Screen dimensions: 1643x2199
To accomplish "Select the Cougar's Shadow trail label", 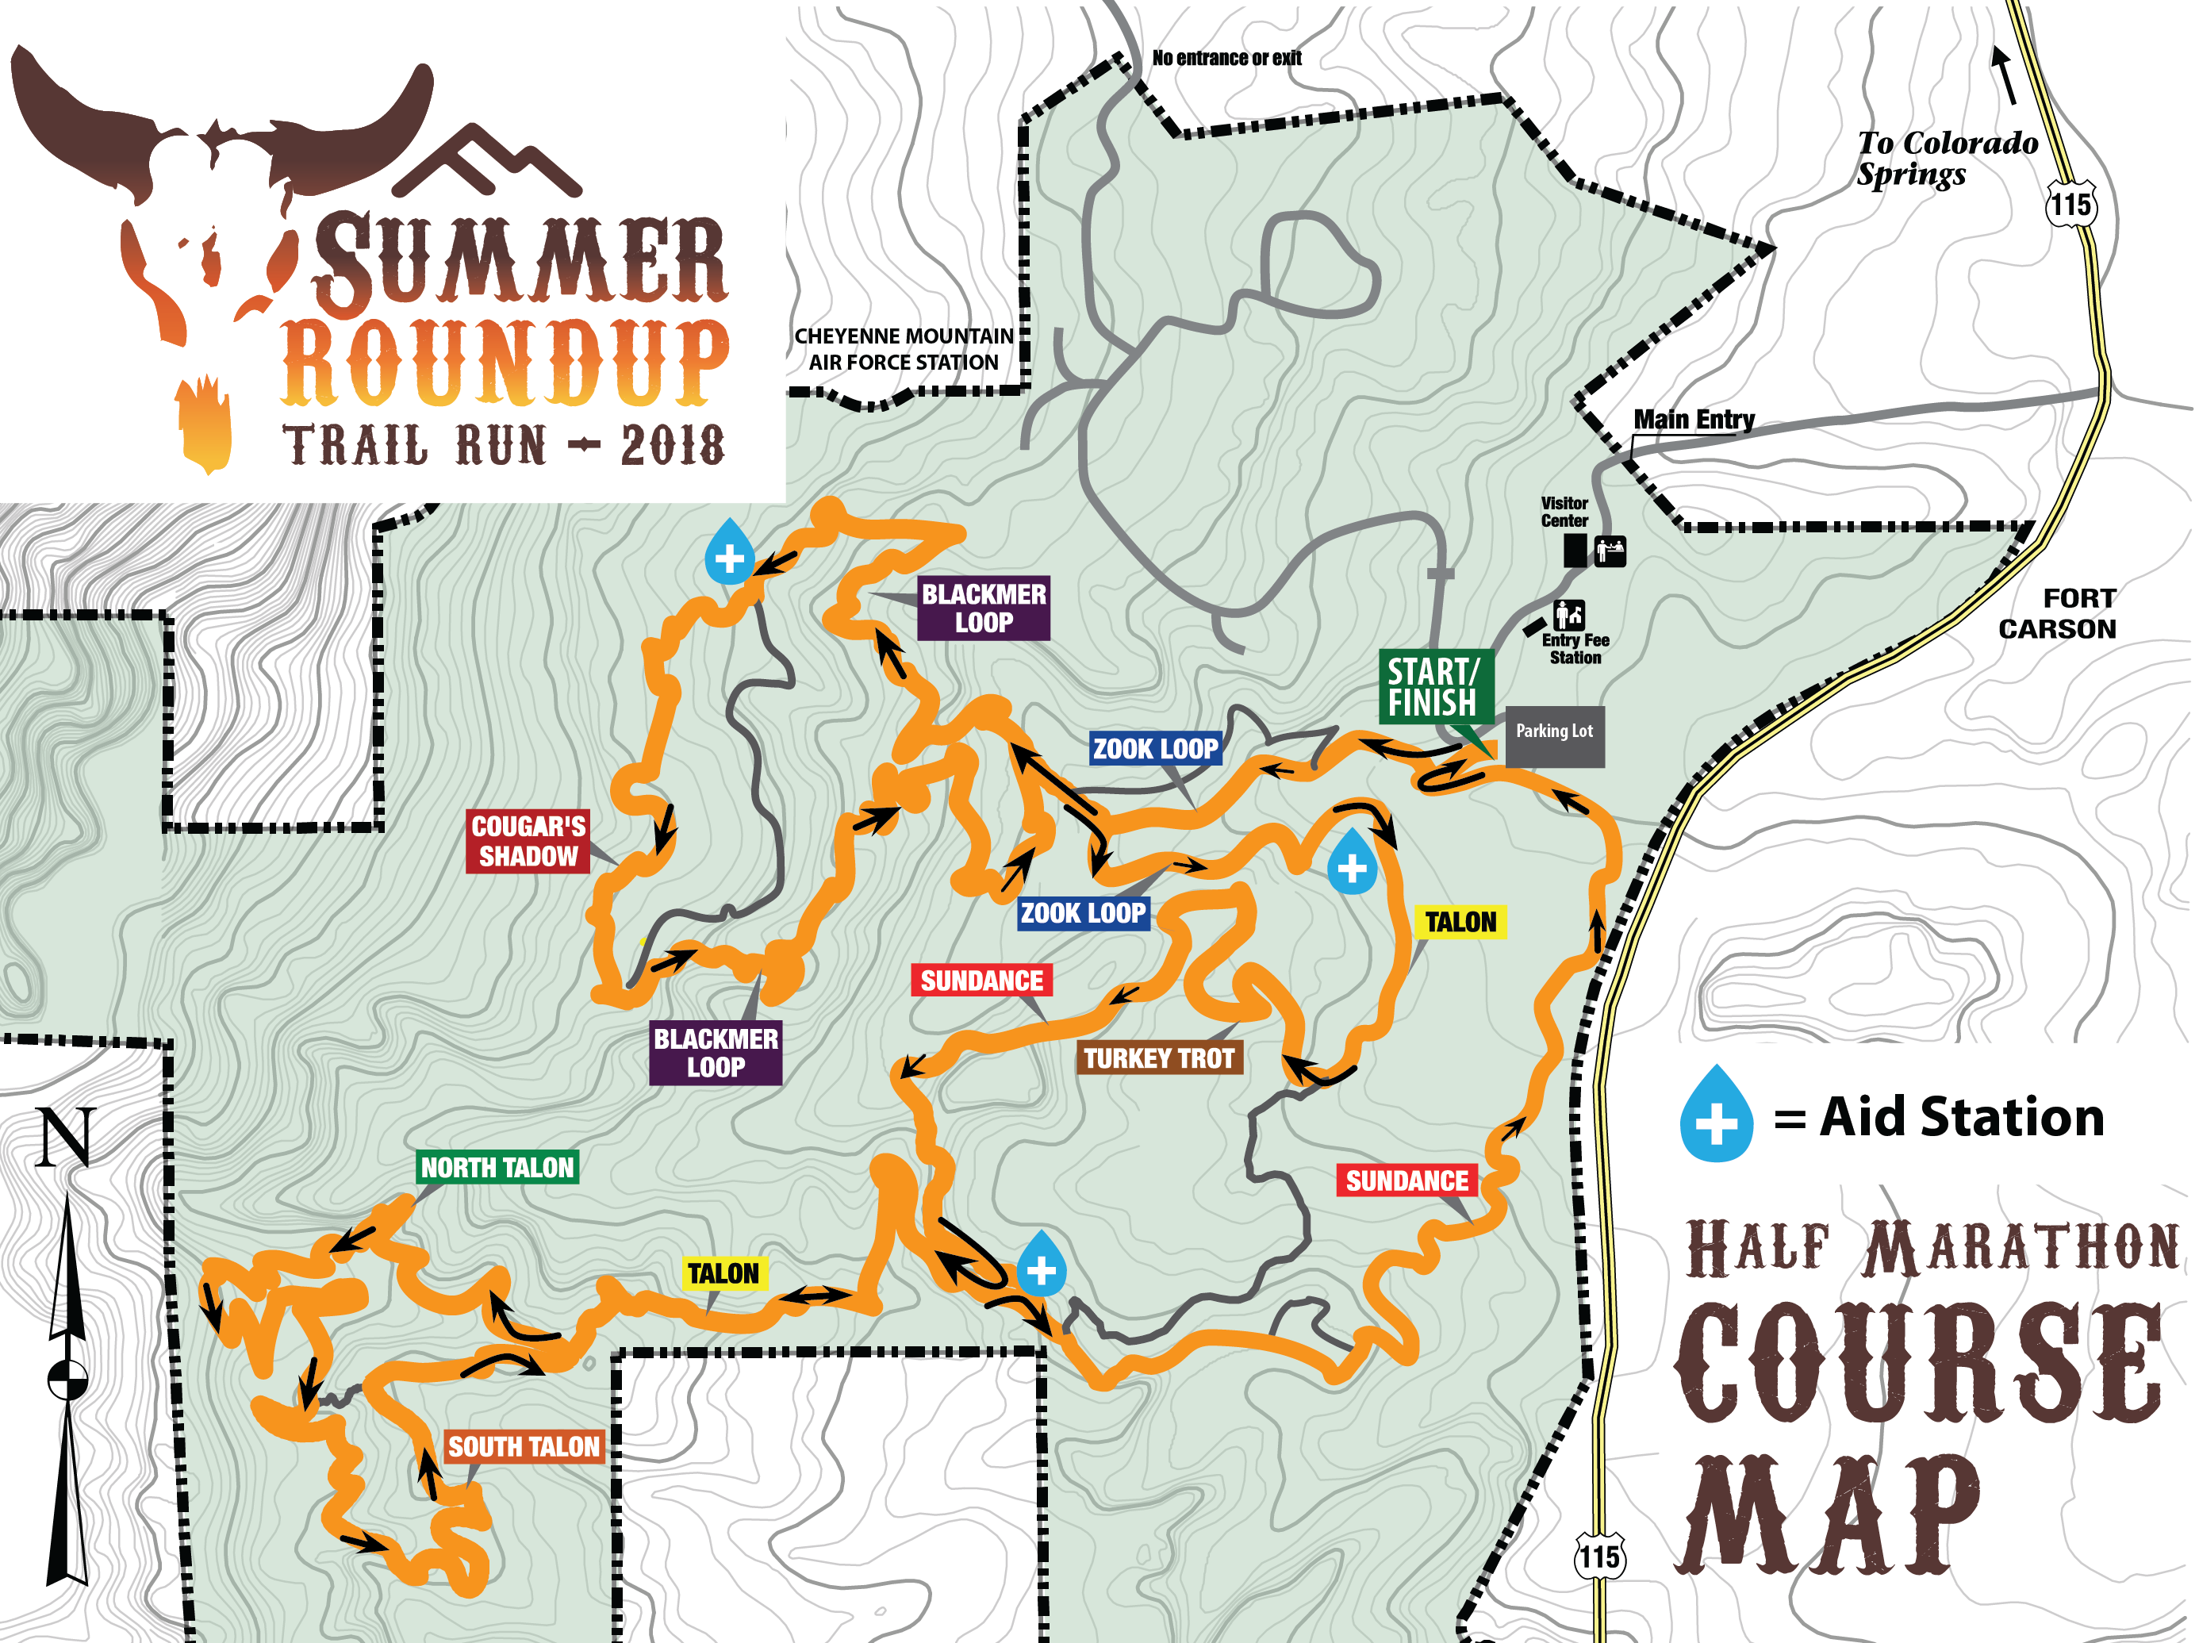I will [x=528, y=841].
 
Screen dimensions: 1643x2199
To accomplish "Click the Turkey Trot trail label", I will [x=1158, y=1058].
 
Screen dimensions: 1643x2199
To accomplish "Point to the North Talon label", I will [x=497, y=1167].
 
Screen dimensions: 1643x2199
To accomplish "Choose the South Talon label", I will [x=524, y=1446].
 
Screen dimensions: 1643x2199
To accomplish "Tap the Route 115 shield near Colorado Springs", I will [x=2070, y=205].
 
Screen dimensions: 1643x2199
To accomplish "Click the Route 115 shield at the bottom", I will [x=1599, y=1557].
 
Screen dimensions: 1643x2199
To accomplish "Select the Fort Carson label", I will [x=2058, y=613].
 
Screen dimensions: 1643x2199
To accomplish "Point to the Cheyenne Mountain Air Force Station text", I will [x=903, y=349].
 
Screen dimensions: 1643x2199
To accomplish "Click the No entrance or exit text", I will [x=1226, y=58].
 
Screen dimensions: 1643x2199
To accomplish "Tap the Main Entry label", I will [x=1694, y=420].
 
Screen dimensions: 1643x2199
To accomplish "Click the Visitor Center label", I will [x=1564, y=512].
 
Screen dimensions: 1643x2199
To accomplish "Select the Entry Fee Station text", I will [x=1575, y=648].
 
